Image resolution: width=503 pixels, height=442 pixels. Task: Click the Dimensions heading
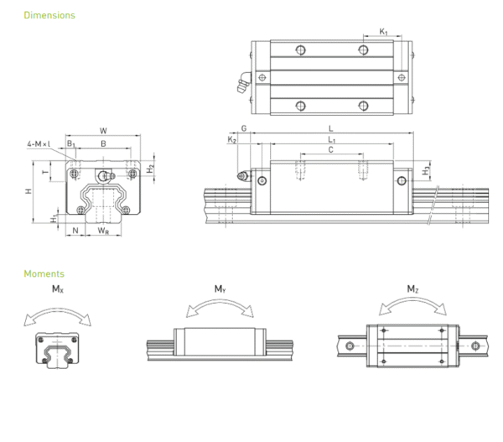point(49,15)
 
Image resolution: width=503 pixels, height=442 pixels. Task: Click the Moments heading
point(44,273)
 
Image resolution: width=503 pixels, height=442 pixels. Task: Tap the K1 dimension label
point(383,32)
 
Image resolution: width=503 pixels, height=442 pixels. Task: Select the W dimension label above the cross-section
point(102,130)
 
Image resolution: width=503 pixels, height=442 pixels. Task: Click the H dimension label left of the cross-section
point(29,192)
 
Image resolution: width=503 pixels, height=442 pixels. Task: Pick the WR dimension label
point(102,231)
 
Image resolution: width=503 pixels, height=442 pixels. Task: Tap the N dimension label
point(75,231)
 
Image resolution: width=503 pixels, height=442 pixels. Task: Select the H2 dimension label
point(149,168)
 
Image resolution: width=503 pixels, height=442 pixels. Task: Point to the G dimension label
point(243,128)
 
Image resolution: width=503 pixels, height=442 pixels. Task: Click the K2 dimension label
point(231,140)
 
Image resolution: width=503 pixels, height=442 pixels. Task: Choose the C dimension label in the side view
point(331,149)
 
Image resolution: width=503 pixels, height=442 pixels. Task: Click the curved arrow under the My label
point(220,306)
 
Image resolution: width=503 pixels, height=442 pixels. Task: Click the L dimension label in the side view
point(332,128)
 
